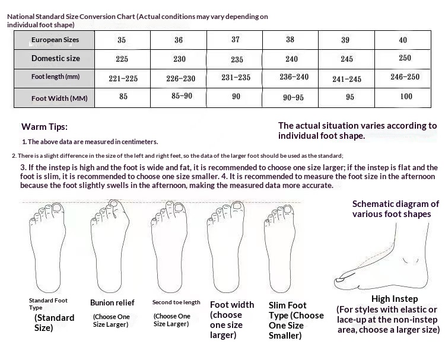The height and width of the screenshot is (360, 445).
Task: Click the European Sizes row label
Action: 55,40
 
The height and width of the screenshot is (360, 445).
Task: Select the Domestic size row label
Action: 56,59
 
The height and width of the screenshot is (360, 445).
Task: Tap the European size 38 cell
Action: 290,39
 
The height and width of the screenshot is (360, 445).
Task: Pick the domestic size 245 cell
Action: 347,59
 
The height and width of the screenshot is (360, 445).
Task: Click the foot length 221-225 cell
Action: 123,78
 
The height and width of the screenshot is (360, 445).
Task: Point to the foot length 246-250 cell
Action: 405,77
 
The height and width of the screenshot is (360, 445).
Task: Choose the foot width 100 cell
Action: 406,97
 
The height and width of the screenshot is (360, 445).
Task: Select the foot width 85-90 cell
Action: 182,96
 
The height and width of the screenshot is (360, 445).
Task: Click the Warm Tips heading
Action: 44,127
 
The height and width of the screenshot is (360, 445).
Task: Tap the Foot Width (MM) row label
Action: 59,98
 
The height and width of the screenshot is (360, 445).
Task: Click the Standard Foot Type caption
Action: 48,304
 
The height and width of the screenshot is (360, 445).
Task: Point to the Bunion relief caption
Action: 112,302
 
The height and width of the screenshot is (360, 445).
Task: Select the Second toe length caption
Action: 176,302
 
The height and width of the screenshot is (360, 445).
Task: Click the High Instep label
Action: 395,299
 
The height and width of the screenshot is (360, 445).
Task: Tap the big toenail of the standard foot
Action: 58,208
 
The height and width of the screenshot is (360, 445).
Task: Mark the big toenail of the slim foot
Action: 287,209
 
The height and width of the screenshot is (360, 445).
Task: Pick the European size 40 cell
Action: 403,40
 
